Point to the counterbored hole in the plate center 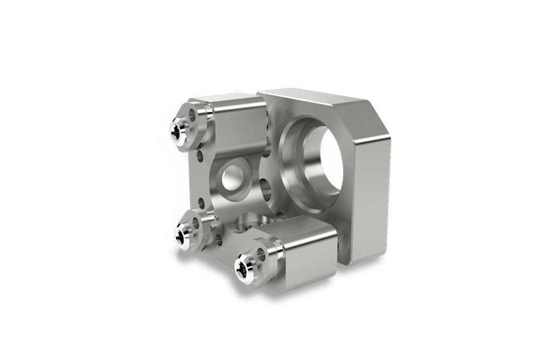click(230, 177)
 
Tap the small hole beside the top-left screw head click(192, 115)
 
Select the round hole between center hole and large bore click(268, 190)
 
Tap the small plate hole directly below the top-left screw click(199, 155)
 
